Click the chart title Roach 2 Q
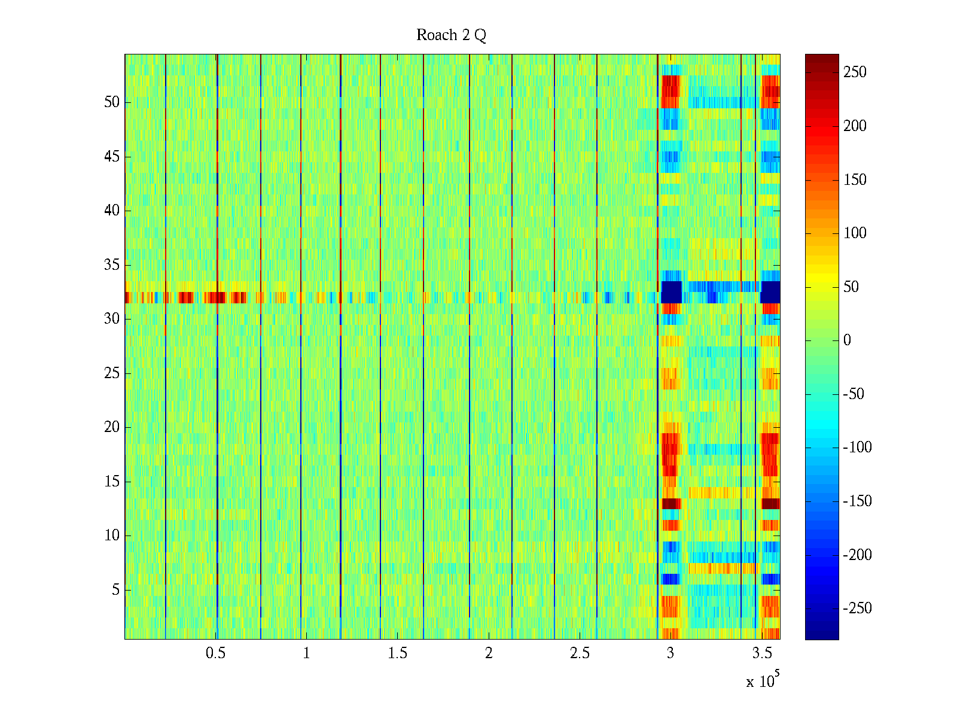(451, 35)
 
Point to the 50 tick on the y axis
(112, 102)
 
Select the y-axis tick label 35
(112, 265)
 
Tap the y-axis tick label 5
(115, 590)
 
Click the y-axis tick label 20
(112, 427)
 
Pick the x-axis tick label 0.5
(215, 653)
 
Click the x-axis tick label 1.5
(398, 653)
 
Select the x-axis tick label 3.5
(762, 653)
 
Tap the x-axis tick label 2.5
(580, 653)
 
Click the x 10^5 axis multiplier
(762, 681)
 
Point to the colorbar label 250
(855, 72)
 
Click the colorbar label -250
(857, 609)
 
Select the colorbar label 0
(847, 340)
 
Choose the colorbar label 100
(855, 233)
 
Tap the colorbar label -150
(857, 501)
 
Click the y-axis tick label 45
(112, 157)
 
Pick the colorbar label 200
(855, 126)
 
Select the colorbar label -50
(854, 394)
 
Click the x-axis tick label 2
(489, 653)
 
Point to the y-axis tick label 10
(112, 536)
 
